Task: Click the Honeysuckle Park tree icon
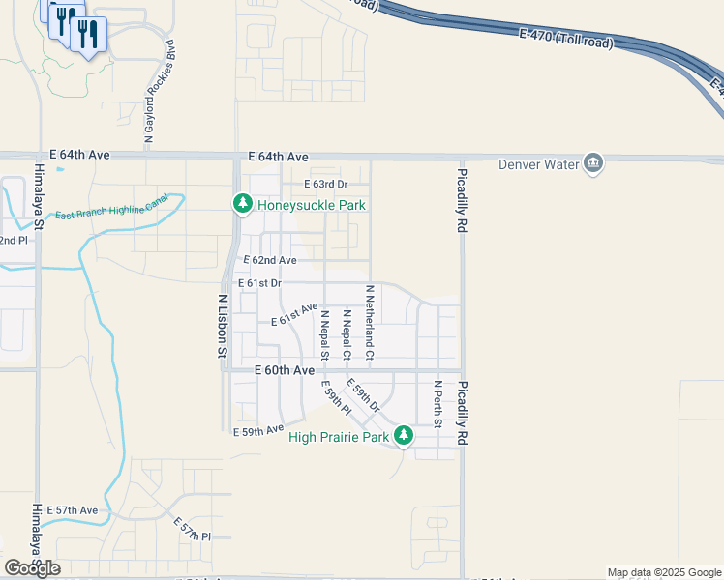coord(241,204)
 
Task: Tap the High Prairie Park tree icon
coord(404,437)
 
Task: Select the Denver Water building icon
coord(593,163)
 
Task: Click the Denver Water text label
coord(537,163)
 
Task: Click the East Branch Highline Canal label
coord(111,208)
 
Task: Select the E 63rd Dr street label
coord(325,184)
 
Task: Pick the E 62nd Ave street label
coord(269,260)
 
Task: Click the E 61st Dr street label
coord(262,283)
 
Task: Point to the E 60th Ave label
coord(285,370)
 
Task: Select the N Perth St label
coord(437,405)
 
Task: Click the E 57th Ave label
coord(77,510)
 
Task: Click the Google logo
coord(32,568)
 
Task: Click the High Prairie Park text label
coord(339,438)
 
